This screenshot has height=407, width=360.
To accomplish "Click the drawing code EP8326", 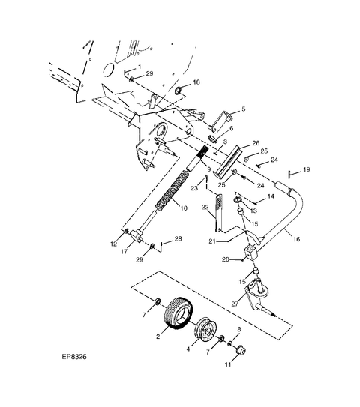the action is [74, 356].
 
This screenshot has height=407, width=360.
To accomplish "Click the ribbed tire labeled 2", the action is [178, 313].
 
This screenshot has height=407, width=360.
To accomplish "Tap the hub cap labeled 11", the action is [241, 350].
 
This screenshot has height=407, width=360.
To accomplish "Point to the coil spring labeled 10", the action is [172, 190].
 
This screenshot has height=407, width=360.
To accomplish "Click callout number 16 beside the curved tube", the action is [296, 239].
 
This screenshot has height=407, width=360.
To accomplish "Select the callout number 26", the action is [256, 143].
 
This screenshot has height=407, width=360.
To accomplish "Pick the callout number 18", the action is [196, 82].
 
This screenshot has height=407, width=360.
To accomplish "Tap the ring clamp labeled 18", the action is [178, 91].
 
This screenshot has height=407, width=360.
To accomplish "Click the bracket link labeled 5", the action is [220, 121].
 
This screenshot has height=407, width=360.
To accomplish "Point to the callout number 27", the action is [235, 304].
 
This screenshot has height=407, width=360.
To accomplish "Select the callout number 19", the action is [307, 169].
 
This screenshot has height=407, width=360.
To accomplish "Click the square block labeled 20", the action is [250, 253].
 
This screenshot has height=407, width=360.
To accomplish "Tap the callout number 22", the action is [205, 207].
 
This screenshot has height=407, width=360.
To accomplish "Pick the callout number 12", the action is [114, 244].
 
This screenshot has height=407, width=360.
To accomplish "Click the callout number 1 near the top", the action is [139, 67].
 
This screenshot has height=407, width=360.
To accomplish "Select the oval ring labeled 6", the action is [213, 139].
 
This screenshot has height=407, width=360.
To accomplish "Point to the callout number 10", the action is [184, 208].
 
